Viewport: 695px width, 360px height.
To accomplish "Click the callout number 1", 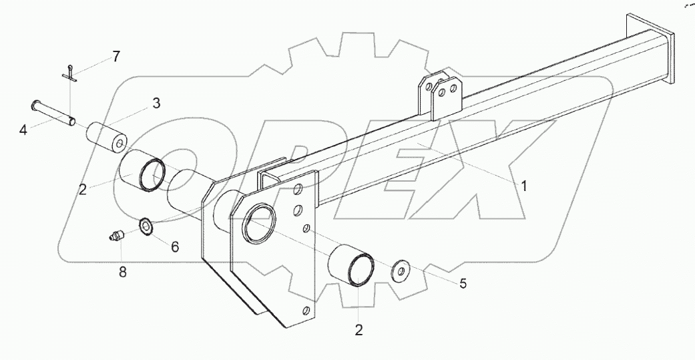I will point(525,186).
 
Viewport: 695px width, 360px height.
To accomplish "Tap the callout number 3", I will point(156,103).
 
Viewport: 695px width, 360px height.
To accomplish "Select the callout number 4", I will point(23,130).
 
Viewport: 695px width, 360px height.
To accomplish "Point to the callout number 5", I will point(463,284).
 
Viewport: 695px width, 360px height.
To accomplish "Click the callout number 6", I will point(175,246).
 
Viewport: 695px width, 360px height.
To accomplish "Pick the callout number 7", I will point(116,57).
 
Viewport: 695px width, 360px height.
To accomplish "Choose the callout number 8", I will point(121,272).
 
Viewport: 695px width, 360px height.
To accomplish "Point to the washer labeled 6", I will point(146,227).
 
